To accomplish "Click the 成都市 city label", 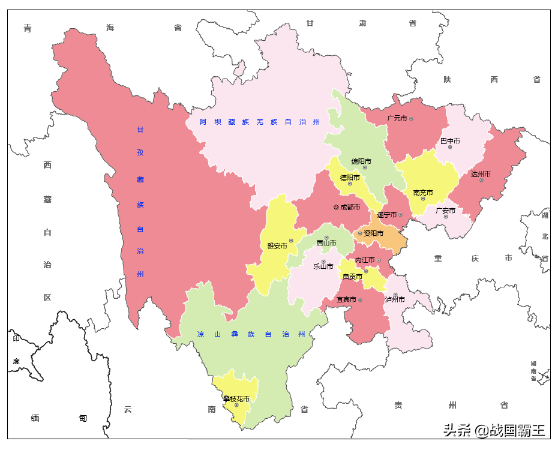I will [x=350, y=207].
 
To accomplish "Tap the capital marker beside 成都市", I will [x=336, y=207].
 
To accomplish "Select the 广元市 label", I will [x=397, y=118].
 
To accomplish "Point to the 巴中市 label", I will [x=450, y=141].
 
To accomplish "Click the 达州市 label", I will [x=481, y=174].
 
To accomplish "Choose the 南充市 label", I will [x=423, y=193].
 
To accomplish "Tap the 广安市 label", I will [x=445, y=211].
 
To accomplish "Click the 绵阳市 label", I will [x=361, y=161].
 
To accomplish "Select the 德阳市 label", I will [x=350, y=178].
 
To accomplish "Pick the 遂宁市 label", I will [x=386, y=215].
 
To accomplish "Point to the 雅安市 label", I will [x=277, y=245].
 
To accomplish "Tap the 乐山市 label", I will [x=323, y=266].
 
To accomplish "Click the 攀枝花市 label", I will [x=236, y=398].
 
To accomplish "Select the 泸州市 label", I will [x=395, y=299].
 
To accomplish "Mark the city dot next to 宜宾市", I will [x=360, y=299].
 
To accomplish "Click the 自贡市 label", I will [x=352, y=277].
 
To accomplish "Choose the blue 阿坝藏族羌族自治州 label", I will [x=260, y=122].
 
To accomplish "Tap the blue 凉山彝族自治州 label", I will [x=251, y=334].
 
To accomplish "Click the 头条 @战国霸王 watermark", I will [x=494, y=430].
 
